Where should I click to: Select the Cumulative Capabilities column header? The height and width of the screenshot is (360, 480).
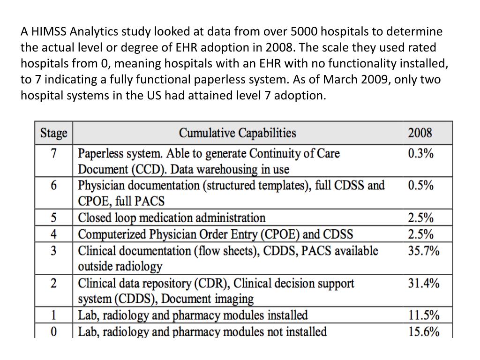238,133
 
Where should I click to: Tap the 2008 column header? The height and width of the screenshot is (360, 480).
420,133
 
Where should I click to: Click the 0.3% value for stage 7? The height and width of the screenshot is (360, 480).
420,153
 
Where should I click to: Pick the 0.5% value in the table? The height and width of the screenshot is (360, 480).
420,185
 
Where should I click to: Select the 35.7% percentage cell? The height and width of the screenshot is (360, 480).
424,251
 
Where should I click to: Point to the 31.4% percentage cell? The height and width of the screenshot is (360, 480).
424,283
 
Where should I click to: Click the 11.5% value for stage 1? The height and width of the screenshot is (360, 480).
424,315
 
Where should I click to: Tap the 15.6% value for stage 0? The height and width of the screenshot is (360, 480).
424,331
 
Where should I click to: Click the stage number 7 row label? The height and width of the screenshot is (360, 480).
53,153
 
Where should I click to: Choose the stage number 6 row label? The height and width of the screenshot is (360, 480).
53,185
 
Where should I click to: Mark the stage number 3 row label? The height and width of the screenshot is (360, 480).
53,251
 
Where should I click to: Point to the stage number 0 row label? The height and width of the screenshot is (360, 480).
53,331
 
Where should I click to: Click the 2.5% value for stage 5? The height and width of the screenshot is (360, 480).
420,217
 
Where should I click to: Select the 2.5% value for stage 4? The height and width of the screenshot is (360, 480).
420,234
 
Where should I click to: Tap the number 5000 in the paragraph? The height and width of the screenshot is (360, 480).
304,31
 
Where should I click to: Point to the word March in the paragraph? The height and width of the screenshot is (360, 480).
340,79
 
